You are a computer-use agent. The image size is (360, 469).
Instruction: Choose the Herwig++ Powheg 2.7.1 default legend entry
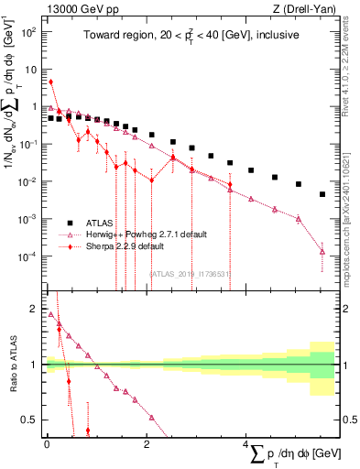tap(147, 234)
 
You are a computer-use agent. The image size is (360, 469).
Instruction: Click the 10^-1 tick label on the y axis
tap(29, 144)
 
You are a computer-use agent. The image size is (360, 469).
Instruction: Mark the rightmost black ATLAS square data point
tap(322, 194)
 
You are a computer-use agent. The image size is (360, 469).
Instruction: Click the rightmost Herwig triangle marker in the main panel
tap(322, 251)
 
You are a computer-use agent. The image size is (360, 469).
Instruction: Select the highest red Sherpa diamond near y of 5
tap(51, 82)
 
